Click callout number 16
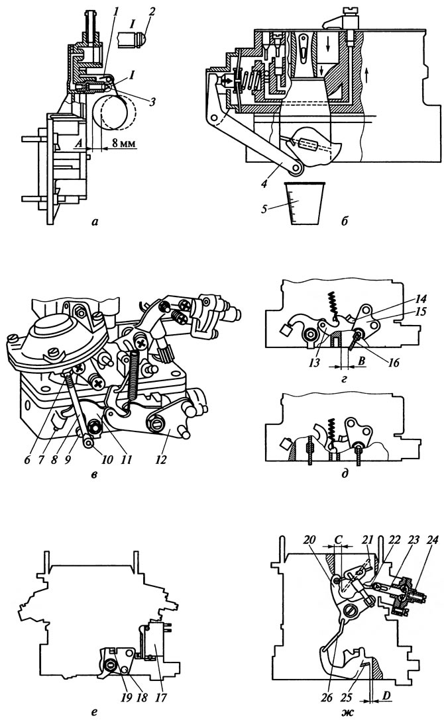pos(393,363)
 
